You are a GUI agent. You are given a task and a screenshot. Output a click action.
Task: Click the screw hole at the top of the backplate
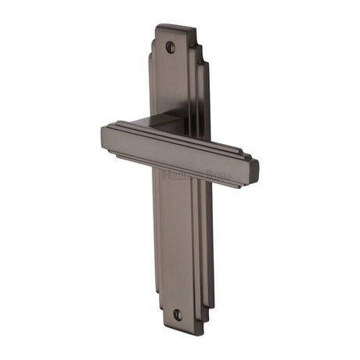171,46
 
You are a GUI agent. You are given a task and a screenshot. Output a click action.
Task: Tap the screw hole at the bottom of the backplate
177,314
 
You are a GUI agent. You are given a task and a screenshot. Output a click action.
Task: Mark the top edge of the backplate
174,27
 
